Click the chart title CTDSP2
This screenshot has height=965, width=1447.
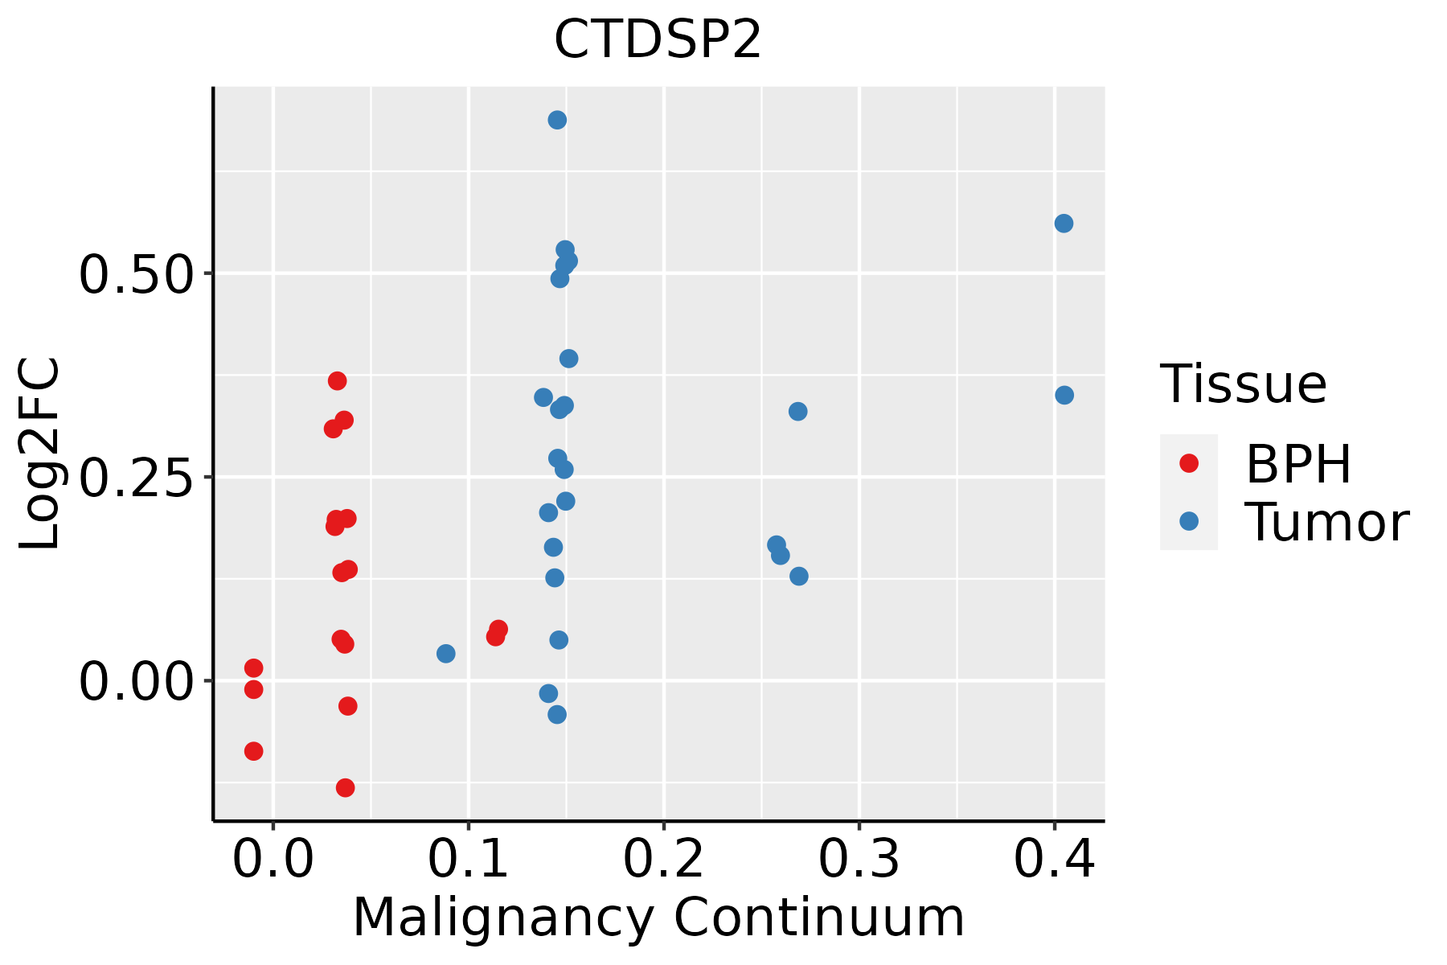[x=658, y=40]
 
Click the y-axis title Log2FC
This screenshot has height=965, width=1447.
[x=40, y=454]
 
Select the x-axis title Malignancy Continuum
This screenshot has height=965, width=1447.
[x=658, y=918]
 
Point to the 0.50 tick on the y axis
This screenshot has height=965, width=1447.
[x=137, y=274]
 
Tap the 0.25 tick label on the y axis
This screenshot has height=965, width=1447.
[x=137, y=478]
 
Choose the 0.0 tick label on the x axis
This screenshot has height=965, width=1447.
[x=273, y=860]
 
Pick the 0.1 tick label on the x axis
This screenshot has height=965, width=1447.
[x=469, y=860]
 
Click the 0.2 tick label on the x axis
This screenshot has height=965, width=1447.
[x=664, y=860]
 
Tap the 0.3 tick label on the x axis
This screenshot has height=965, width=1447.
[x=859, y=860]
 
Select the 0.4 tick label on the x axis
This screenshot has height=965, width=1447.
[x=1054, y=860]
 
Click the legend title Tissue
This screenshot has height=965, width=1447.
[x=1244, y=384]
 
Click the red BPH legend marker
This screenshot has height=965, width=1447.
[x=1188, y=463]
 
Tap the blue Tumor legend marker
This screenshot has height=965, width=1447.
[x=1188, y=521]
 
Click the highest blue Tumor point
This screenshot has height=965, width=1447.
[x=557, y=121]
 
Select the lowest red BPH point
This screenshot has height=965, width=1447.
[x=346, y=787]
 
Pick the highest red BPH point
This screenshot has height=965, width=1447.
[x=338, y=380]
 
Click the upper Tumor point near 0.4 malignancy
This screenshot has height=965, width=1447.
[x=1064, y=224]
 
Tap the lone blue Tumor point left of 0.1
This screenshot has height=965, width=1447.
[x=446, y=654]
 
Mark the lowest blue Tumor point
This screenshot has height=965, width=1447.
[x=557, y=714]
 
